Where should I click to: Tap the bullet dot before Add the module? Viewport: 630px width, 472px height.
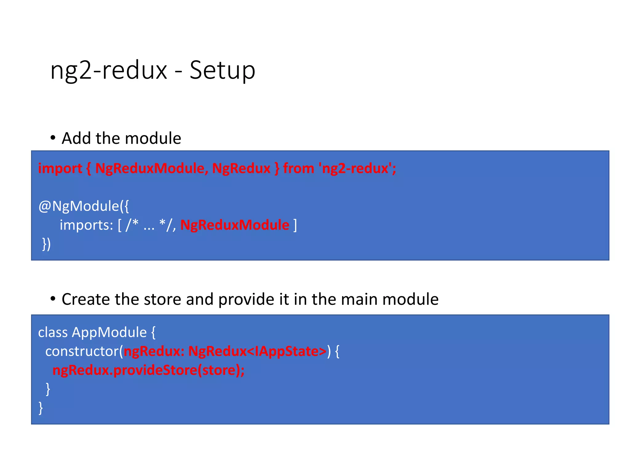coord(53,138)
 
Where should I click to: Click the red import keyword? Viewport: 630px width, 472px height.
coord(60,168)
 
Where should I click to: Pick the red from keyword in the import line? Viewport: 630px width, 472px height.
coord(298,168)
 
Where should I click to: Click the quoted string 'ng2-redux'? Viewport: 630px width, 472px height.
coord(355,168)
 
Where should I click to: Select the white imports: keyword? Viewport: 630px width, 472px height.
coord(86,225)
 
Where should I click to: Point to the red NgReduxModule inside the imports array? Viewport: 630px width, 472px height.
coord(235,225)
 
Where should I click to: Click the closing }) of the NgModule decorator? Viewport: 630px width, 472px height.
coord(46,244)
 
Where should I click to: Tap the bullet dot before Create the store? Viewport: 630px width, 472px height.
coord(53,299)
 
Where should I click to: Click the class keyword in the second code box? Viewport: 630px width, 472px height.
coord(53,332)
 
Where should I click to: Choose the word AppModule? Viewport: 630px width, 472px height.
coord(109,332)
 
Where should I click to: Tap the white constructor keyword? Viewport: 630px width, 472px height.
coord(82,351)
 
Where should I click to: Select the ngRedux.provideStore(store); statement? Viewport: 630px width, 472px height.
coord(148,370)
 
